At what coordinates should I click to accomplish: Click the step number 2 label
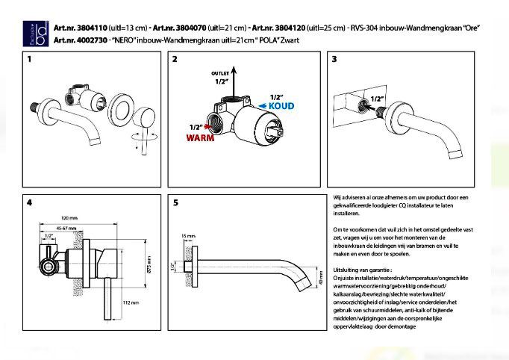point(176,58)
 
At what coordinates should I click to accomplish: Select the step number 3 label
point(334,58)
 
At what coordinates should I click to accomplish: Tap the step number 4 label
point(29,202)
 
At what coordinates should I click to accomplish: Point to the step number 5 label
point(176,202)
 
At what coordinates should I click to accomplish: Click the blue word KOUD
point(281,106)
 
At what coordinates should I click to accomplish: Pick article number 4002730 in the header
point(72,38)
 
